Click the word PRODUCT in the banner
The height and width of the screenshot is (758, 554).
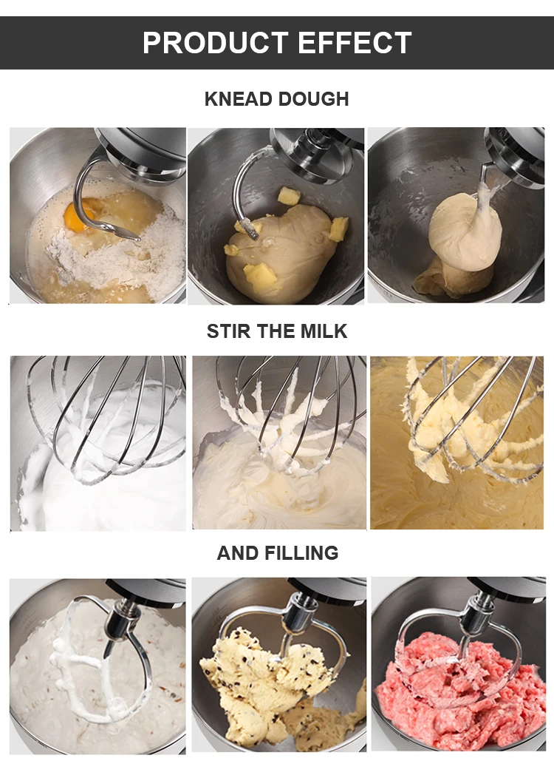point(215,43)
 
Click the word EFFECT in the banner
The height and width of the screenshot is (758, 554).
point(355,43)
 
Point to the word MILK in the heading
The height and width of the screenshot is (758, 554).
point(324,331)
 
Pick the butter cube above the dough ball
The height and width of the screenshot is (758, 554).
point(289,196)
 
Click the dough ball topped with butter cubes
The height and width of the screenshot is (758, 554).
point(280,249)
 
